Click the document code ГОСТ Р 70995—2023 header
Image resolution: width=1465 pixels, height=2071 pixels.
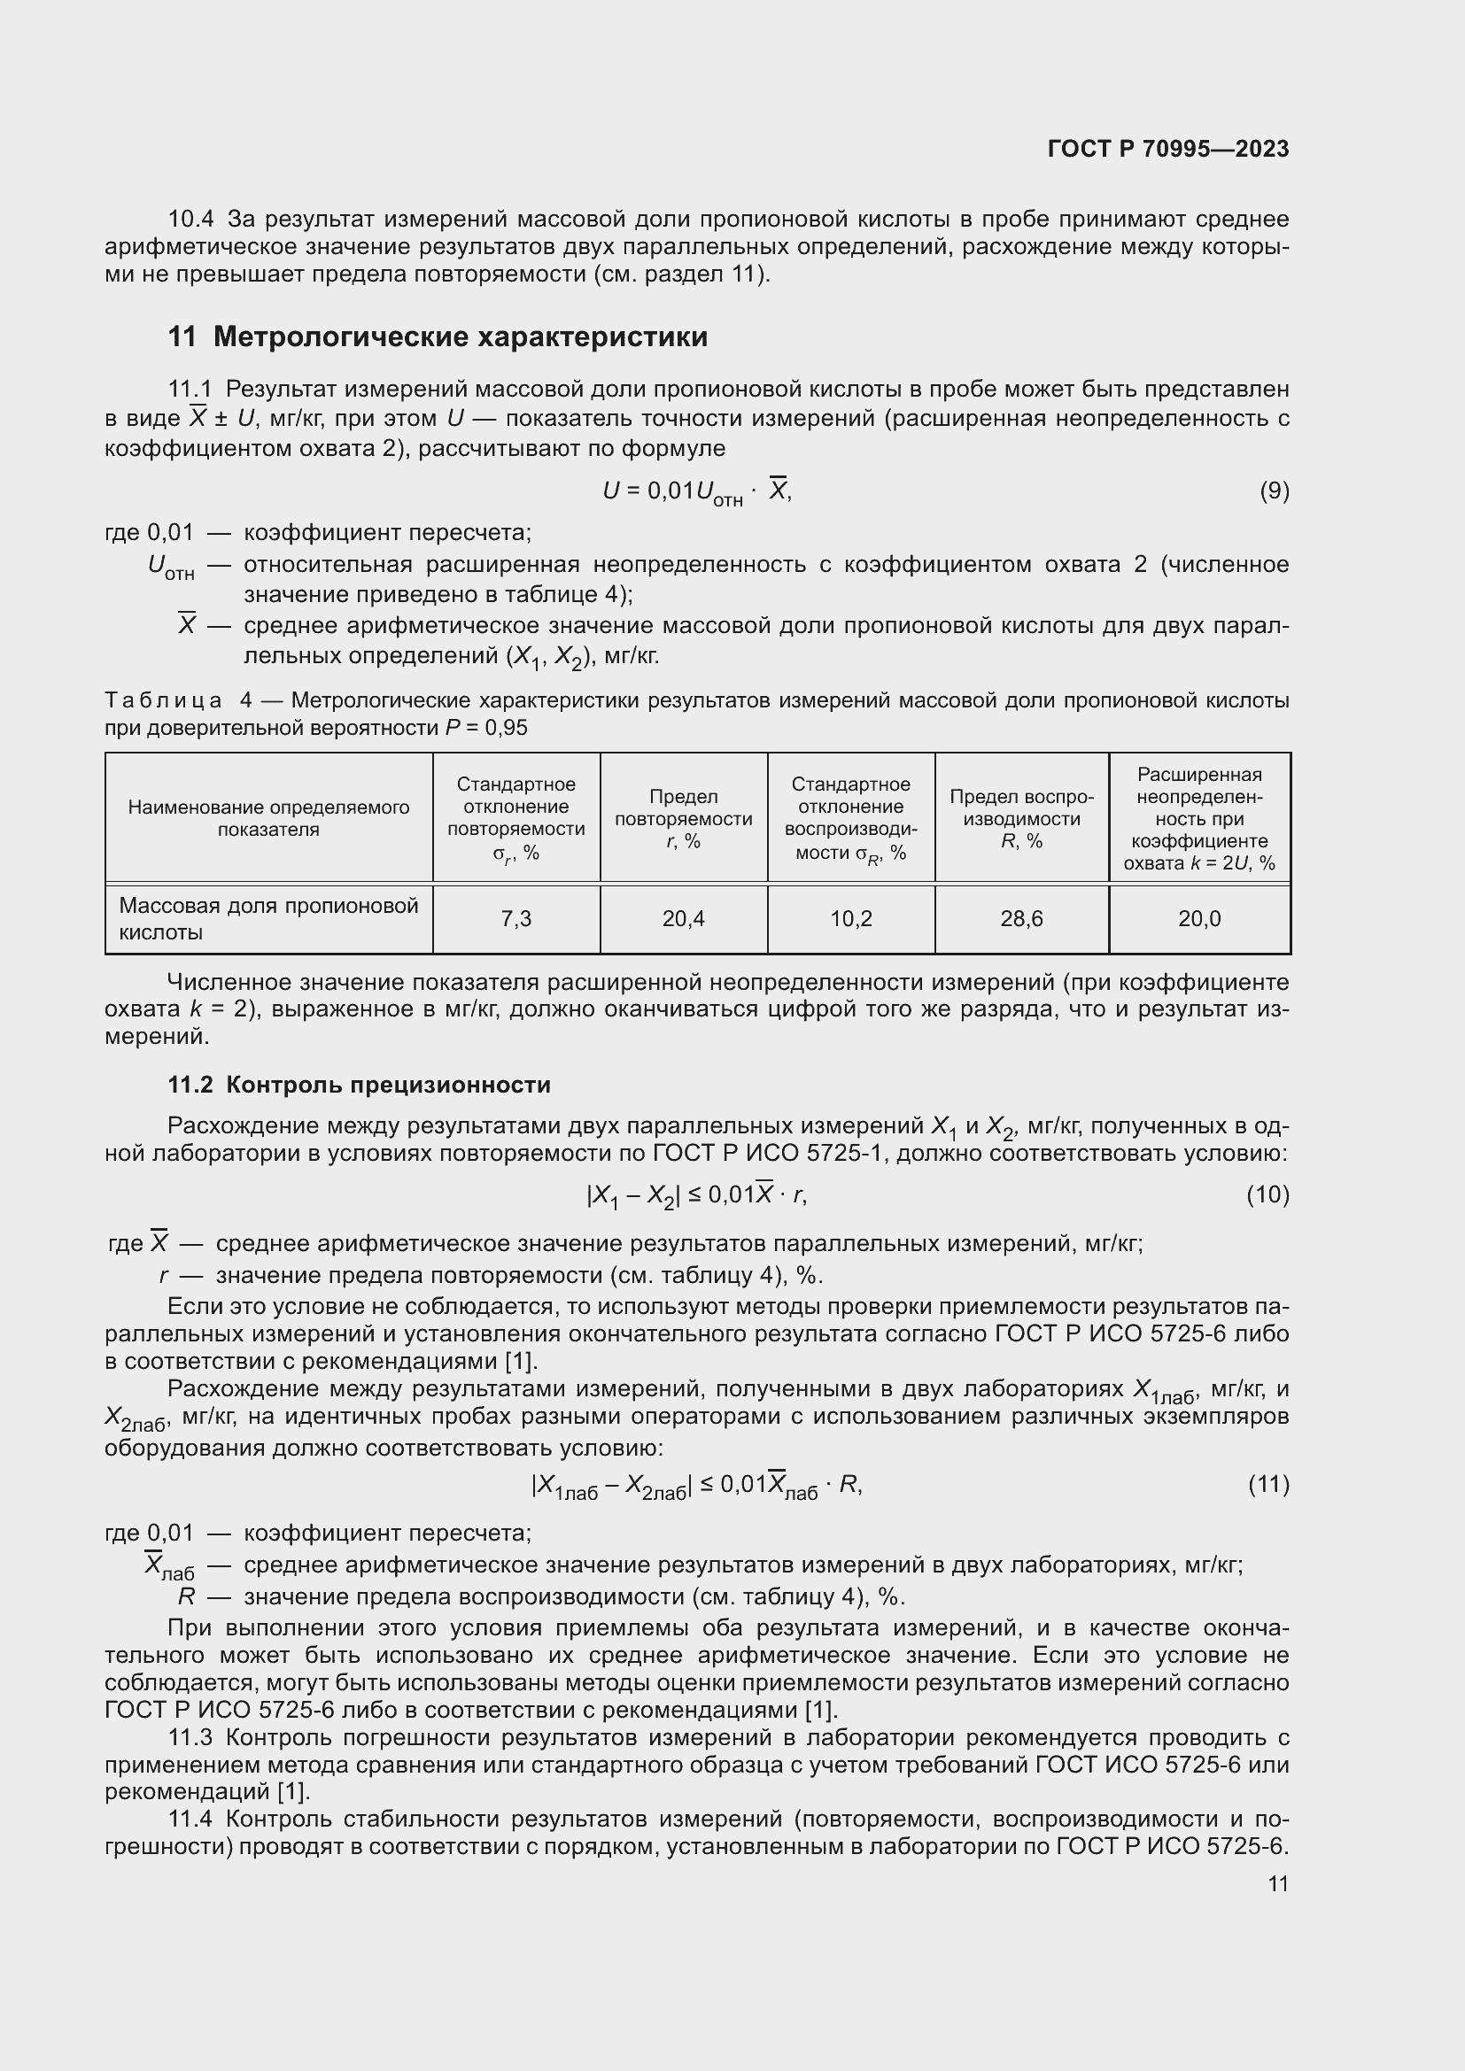click(x=1168, y=149)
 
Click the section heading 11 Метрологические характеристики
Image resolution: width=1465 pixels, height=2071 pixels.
click(x=438, y=337)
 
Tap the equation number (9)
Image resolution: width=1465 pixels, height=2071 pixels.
click(x=1274, y=491)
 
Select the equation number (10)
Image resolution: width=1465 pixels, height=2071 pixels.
click(x=1267, y=1195)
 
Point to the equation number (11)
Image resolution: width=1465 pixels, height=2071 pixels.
click(x=1268, y=1484)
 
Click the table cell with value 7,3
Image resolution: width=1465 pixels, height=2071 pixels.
click(x=516, y=919)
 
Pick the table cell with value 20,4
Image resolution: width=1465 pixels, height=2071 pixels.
click(x=683, y=919)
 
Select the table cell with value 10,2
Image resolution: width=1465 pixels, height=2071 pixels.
click(x=850, y=919)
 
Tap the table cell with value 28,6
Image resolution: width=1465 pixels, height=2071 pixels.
click(x=1021, y=919)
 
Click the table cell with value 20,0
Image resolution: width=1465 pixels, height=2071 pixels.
click(x=1199, y=919)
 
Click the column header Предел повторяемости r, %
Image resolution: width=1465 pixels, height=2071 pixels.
click(x=683, y=818)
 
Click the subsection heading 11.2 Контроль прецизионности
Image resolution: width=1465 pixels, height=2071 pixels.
click(x=359, y=1085)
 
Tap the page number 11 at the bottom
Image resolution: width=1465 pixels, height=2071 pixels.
click(x=1277, y=1883)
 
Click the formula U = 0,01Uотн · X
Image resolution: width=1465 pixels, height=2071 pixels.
click(x=696, y=491)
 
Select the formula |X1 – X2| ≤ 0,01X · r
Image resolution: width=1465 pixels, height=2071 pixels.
click(x=696, y=1196)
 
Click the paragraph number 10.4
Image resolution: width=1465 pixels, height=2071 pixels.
click(x=190, y=220)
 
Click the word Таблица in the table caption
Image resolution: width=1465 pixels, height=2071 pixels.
click(x=163, y=701)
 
